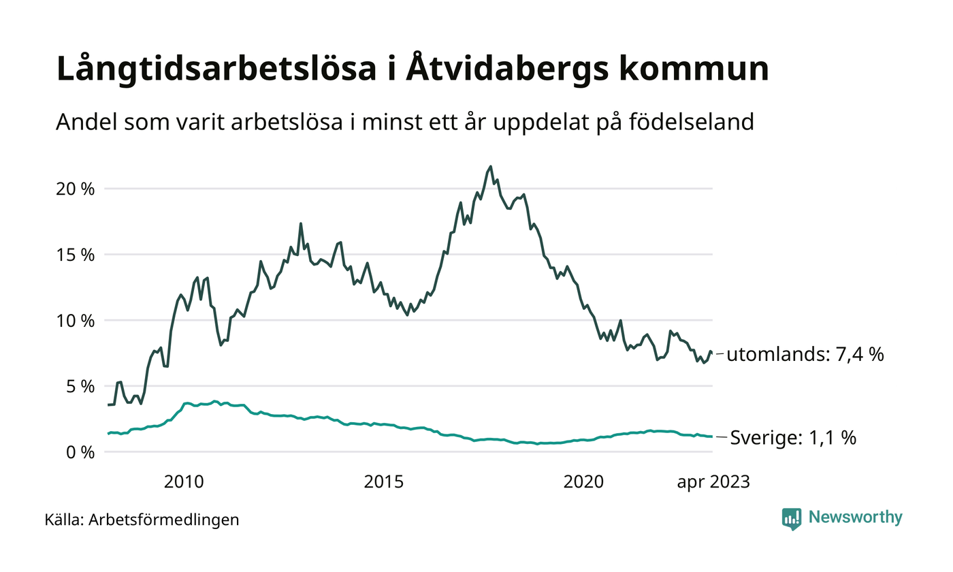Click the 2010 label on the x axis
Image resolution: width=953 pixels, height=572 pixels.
(x=184, y=482)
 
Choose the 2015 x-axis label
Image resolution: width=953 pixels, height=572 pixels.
(x=384, y=482)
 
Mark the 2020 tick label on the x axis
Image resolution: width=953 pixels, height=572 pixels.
(x=584, y=482)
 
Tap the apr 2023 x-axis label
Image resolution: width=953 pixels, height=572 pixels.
(x=713, y=482)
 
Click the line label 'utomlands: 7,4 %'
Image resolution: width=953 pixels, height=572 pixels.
(x=805, y=354)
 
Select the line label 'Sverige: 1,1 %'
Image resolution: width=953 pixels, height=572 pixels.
(x=792, y=438)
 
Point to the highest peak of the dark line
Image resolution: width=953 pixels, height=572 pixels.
(x=491, y=166)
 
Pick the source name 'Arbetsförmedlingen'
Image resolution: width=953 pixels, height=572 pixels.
(x=164, y=520)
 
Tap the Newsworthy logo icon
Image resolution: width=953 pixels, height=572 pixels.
(x=792, y=518)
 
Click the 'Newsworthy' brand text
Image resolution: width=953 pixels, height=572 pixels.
(x=856, y=518)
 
